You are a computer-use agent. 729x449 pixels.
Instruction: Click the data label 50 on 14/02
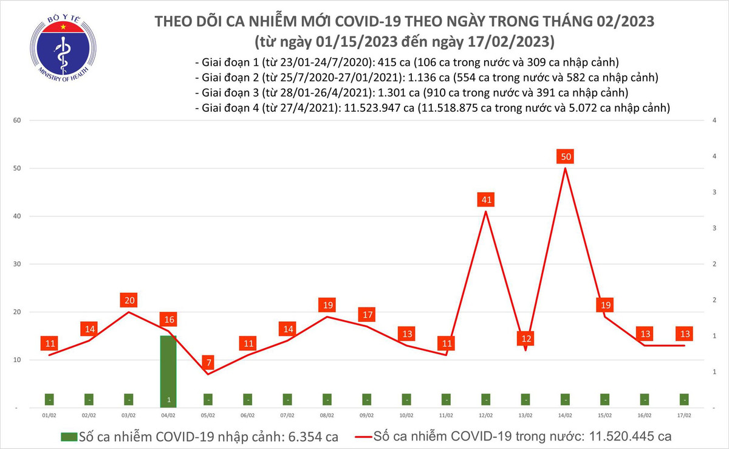pos(566,157)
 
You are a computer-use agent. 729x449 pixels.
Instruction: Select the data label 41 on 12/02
pos(486,199)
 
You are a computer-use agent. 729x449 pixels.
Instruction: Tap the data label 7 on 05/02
pos(208,363)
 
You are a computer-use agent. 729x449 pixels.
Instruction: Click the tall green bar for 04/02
pos(168,371)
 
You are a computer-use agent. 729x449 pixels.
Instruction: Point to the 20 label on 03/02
pos(129,300)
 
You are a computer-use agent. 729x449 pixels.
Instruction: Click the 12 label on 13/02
pos(526,338)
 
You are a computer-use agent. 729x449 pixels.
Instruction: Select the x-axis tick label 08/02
pos(327,416)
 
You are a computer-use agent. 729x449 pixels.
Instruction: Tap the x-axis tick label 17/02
pos(684,416)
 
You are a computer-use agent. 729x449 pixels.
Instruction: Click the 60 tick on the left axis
pos(17,120)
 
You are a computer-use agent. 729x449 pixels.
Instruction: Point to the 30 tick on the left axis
pos(17,264)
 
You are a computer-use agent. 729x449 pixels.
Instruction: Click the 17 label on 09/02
pos(367,315)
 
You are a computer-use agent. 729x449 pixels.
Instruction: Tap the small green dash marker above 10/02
pos(406,399)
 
